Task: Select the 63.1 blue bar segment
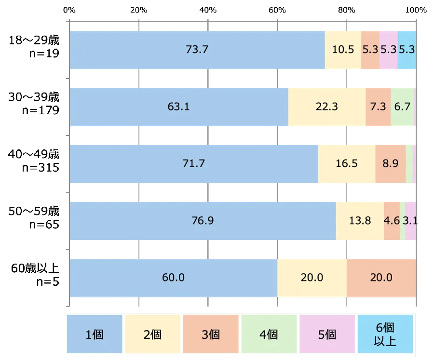tap(179, 107)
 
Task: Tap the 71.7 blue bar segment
tap(194, 164)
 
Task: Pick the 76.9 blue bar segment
tap(203, 221)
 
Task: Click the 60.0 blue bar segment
tap(174, 278)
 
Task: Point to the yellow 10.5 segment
tap(343, 50)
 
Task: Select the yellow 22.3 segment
tap(327, 107)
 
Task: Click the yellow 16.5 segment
tap(347, 164)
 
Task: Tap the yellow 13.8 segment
tap(360, 221)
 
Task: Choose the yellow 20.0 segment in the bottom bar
tap(312, 278)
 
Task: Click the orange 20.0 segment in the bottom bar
tap(381, 278)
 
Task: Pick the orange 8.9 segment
tap(390, 164)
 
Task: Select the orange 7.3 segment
tap(378, 107)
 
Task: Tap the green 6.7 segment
tap(402, 107)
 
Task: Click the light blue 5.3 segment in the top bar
tap(407, 50)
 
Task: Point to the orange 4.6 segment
tap(392, 221)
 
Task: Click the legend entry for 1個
tap(95, 334)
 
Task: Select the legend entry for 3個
tap(211, 334)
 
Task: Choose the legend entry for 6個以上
tap(385, 334)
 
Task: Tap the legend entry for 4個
tap(269, 334)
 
